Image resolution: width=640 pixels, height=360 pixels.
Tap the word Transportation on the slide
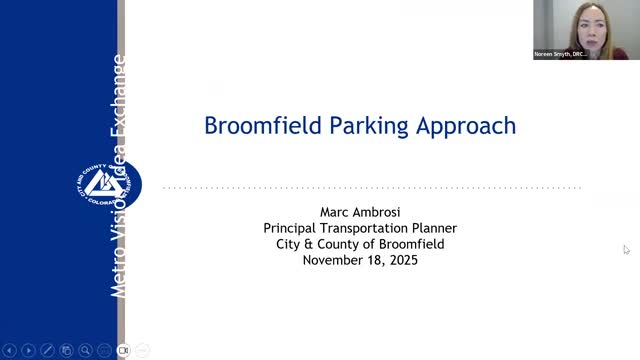371,228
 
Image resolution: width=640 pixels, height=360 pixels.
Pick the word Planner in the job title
435,228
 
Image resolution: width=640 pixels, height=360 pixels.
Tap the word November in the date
334,260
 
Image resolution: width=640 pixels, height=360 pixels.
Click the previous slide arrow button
9,350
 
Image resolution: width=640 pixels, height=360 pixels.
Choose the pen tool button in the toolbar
47,350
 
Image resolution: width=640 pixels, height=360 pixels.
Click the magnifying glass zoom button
86,350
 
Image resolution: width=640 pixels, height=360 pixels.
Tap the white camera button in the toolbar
124,350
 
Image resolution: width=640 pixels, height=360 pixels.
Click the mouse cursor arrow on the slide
626,249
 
